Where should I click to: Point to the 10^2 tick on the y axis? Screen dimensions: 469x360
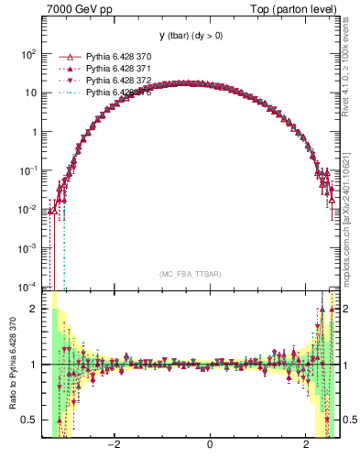[x=27, y=54]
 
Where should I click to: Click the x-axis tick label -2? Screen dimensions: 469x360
[x=114, y=446]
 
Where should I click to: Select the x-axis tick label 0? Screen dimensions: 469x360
[x=211, y=446]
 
